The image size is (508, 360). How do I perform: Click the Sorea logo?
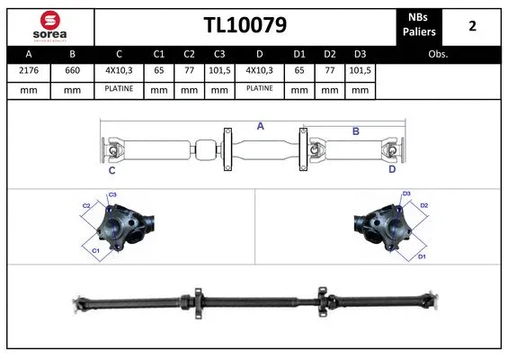[49, 26]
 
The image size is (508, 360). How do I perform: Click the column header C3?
[218, 54]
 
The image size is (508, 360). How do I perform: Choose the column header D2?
[329, 54]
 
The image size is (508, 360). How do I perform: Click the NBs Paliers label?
[420, 26]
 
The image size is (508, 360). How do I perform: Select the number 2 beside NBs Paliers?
[472, 26]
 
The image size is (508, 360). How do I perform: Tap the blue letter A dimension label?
[260, 127]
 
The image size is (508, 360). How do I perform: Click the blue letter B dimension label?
[355, 131]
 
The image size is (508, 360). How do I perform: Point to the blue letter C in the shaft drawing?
[111, 170]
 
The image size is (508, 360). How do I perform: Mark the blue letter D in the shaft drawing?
[392, 168]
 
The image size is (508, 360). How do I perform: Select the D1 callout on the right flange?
[422, 256]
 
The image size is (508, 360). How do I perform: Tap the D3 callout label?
[406, 193]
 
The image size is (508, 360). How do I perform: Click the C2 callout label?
[87, 205]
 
